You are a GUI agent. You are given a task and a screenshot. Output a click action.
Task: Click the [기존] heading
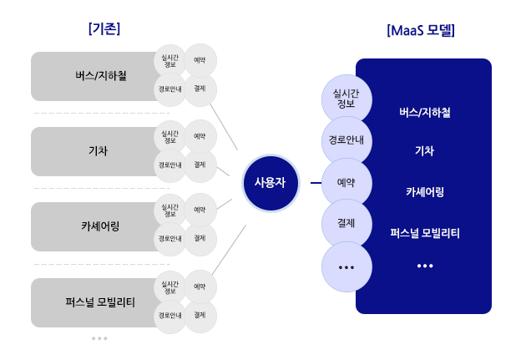click(x=104, y=28)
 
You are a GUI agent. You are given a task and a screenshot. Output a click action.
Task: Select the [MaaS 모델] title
click(x=421, y=31)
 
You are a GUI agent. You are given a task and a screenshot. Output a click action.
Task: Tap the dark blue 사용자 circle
click(x=271, y=183)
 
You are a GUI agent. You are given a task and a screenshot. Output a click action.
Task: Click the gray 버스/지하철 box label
click(x=101, y=75)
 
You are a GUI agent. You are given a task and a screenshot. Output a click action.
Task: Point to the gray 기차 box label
click(x=98, y=151)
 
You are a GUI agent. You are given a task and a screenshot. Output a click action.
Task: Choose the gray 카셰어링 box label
click(x=100, y=226)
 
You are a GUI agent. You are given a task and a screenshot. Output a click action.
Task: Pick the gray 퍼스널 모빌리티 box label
click(x=100, y=302)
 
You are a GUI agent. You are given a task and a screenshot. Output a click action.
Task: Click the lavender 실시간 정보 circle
click(x=346, y=99)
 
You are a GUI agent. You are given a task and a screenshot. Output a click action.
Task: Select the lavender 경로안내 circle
click(x=346, y=140)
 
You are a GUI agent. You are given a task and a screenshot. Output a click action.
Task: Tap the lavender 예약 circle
click(x=346, y=183)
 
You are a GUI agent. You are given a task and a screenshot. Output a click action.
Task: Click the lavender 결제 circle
click(x=346, y=224)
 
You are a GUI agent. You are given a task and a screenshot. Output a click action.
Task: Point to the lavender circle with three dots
click(x=346, y=267)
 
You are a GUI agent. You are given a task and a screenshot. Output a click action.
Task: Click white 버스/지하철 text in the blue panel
click(x=425, y=113)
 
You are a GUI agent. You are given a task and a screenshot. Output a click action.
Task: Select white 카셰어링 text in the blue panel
click(x=425, y=192)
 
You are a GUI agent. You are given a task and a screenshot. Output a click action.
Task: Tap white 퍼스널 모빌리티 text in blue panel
click(x=425, y=233)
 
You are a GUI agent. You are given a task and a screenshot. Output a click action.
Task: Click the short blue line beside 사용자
click(x=316, y=183)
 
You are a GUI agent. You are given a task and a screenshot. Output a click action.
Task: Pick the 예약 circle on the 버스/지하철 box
click(x=200, y=60)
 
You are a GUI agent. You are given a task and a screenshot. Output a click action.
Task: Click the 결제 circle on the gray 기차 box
click(x=200, y=165)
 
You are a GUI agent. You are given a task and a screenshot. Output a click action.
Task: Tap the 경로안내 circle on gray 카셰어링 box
click(x=170, y=239)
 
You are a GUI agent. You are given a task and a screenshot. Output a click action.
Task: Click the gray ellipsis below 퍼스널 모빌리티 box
click(x=99, y=338)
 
